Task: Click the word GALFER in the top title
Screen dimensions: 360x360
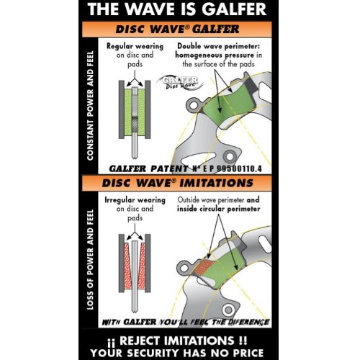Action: pyautogui.click(x=234, y=9)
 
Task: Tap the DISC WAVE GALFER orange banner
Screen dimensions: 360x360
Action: pyautogui.click(x=177, y=30)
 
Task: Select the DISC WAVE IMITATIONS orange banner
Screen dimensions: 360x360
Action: pyautogui.click(x=177, y=183)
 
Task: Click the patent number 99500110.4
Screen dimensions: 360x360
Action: pyautogui.click(x=239, y=168)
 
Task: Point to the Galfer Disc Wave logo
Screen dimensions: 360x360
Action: pyautogui.click(x=181, y=82)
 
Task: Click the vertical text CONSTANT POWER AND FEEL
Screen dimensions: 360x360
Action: pyautogui.click(x=90, y=106)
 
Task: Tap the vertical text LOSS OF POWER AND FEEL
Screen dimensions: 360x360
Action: pyautogui.click(x=90, y=260)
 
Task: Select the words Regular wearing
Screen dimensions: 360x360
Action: pyautogui.click(x=135, y=46)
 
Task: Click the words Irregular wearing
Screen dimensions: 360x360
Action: pyautogui.click(x=135, y=200)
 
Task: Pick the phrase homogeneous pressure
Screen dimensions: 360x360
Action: pyautogui.click(x=215, y=55)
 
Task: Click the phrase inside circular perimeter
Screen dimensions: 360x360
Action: pyautogui.click(x=219, y=209)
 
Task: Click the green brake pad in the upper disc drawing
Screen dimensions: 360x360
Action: pyautogui.click(x=228, y=106)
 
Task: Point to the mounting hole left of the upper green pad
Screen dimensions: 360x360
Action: pyautogui.click(x=194, y=104)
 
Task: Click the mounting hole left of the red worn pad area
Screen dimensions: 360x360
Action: pyautogui.click(x=184, y=267)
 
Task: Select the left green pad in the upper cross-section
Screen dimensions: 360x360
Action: pyautogui.click(x=128, y=112)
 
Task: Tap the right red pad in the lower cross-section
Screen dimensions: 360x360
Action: pyautogui.click(x=142, y=266)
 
